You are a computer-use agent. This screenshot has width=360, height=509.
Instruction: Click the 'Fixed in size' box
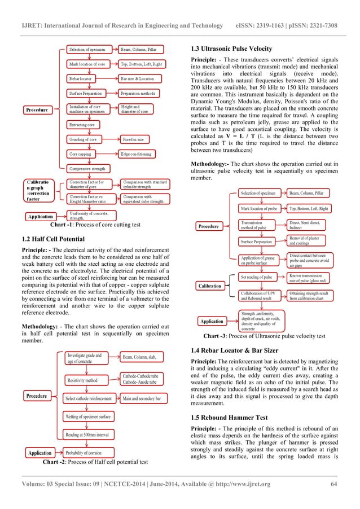pos(135,139)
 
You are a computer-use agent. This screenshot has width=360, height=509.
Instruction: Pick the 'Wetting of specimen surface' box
pos(88,416)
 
